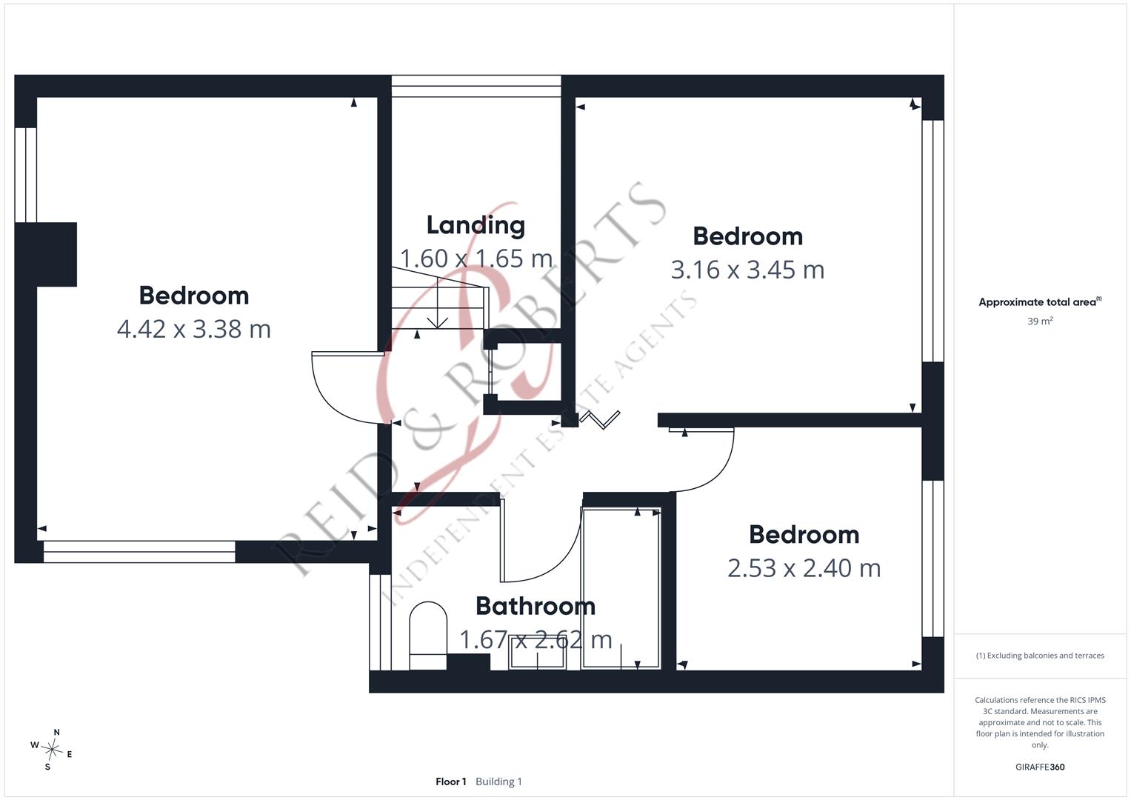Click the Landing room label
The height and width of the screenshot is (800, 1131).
[x=476, y=226]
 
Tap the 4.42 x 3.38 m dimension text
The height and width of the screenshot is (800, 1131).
[x=194, y=330]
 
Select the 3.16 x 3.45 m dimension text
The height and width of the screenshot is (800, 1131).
[x=748, y=270]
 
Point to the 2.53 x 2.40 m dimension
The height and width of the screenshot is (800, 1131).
[x=804, y=568]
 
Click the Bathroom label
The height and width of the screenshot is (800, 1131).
[x=536, y=606]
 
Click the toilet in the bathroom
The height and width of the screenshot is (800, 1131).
[x=428, y=636]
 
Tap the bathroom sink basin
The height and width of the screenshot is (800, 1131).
[x=537, y=652]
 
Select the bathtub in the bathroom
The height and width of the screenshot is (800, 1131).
[x=621, y=588]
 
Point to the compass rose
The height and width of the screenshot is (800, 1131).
[x=52, y=750]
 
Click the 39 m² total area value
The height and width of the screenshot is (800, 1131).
[x=1040, y=321]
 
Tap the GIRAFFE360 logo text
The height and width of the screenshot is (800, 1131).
[x=1040, y=767]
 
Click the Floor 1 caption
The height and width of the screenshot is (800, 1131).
[x=451, y=781]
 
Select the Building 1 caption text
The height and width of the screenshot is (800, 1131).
[x=499, y=781]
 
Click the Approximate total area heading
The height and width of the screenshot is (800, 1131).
[x=1040, y=302]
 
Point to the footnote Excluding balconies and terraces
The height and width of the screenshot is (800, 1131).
[x=1040, y=656]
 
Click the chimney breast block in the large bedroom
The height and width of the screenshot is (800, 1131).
[x=46, y=255]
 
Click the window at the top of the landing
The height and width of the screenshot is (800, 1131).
[x=476, y=87]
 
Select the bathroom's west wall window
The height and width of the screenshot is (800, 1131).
[x=380, y=622]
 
